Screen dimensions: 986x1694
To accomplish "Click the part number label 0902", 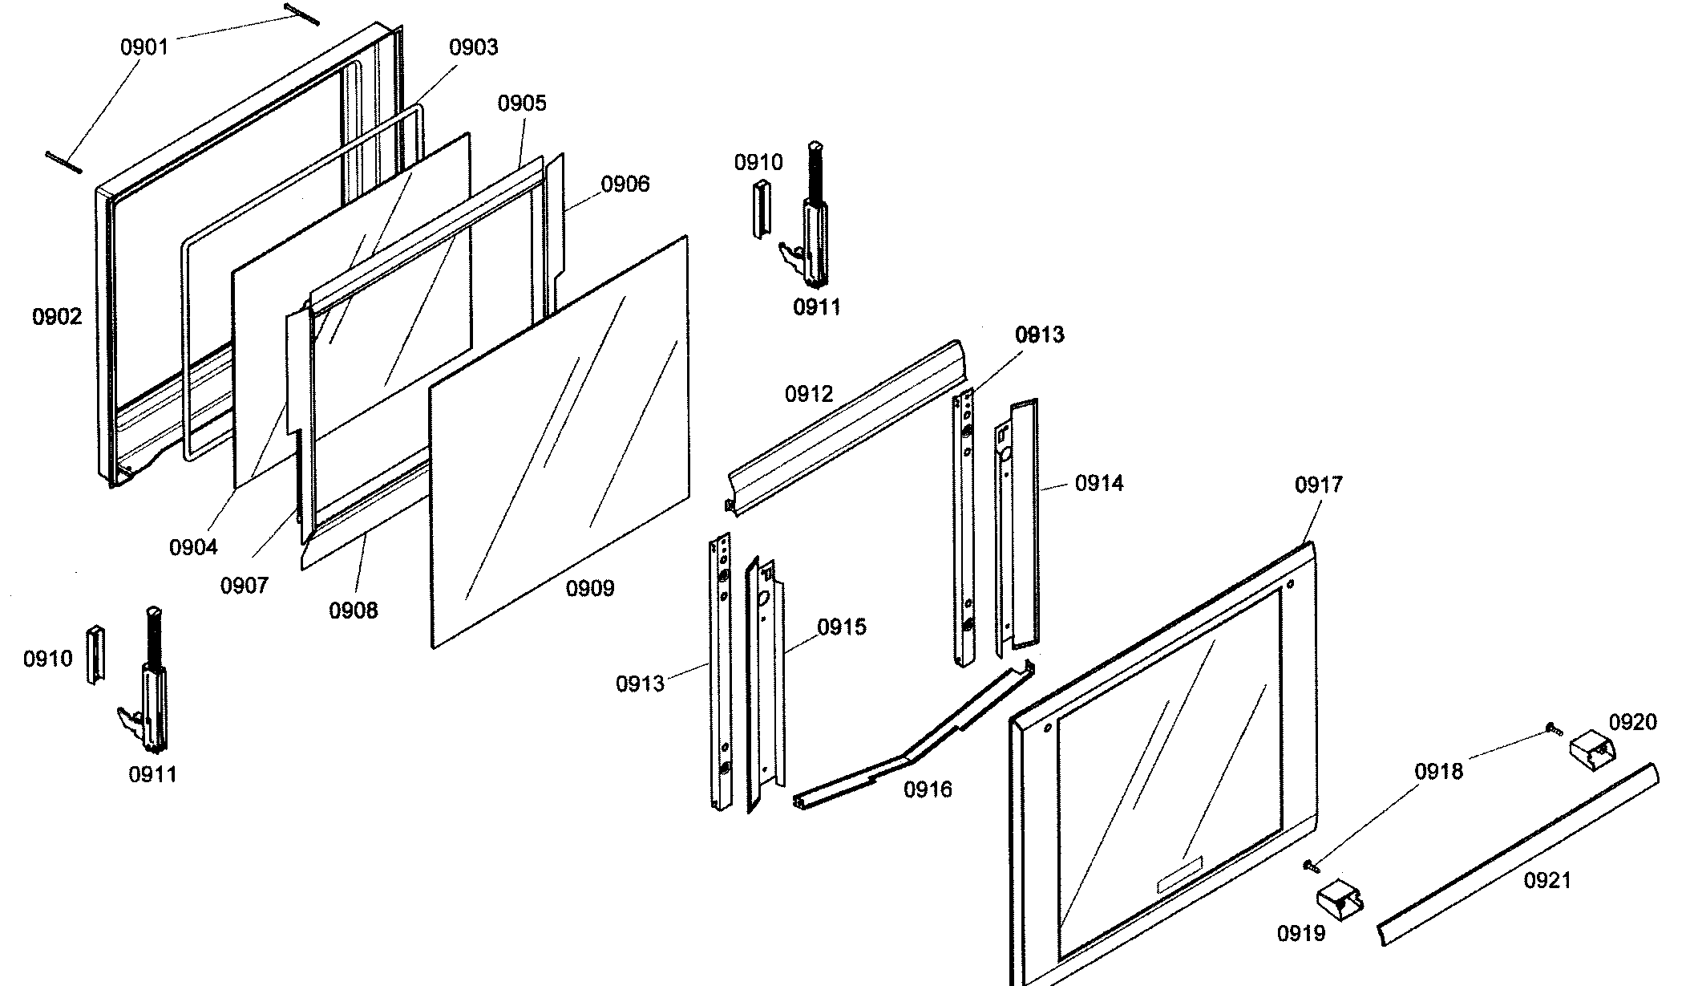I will pos(57,317).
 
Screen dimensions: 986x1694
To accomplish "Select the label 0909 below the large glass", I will pos(590,589).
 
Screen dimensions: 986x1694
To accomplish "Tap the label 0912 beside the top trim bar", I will pos(809,394).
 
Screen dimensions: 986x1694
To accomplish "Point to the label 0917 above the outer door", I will pos(1318,485).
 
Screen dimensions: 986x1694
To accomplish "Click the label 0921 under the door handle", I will pos(1547,881).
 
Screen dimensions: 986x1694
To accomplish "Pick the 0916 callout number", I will pos(928,790).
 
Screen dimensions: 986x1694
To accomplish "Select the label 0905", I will pos(522,103).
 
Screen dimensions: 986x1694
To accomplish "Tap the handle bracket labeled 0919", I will pos(1340,902).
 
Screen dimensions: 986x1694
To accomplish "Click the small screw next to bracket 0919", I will pos(1310,865).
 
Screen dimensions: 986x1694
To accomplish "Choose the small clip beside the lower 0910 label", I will pos(95,655).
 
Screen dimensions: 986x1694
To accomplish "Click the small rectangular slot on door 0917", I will pos(1179,872).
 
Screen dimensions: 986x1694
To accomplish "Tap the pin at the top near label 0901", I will pos(301,14).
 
